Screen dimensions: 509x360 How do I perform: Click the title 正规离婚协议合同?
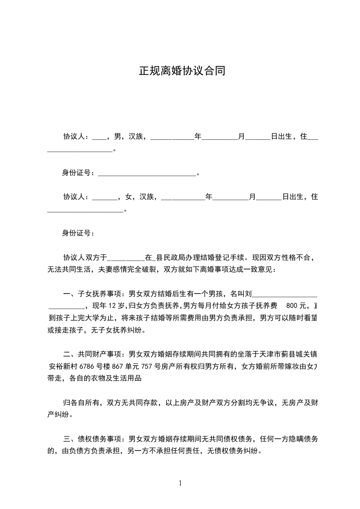[182, 72]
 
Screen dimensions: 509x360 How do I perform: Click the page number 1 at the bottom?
[180, 483]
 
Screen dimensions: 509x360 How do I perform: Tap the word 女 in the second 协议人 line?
[128, 197]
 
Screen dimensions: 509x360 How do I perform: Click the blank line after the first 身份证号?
[147, 173]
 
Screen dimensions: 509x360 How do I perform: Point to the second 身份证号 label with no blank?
[78, 233]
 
